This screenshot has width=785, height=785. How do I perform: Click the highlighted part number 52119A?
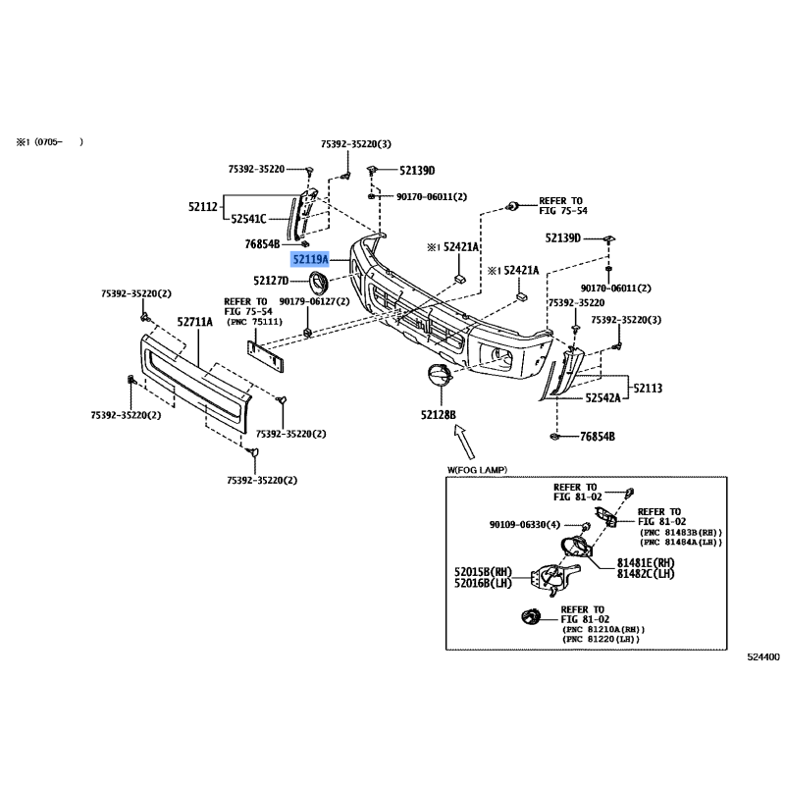[310, 259]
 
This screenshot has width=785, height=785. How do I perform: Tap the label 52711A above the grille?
[194, 322]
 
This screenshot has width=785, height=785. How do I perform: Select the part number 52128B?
[439, 415]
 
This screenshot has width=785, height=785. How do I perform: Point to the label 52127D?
[271, 281]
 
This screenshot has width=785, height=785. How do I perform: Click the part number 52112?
[203, 206]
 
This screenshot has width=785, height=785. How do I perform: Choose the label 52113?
[648, 388]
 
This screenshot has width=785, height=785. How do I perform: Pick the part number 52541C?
[249, 219]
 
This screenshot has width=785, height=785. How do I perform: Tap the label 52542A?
[603, 398]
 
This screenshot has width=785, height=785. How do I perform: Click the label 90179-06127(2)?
[314, 301]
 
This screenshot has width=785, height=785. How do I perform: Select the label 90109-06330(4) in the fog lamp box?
[525, 525]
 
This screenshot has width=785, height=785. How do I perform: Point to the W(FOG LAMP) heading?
[477, 470]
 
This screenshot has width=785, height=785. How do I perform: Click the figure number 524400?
[763, 657]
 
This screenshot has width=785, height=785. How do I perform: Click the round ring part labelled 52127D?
[319, 282]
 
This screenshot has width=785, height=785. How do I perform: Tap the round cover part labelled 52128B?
[440, 376]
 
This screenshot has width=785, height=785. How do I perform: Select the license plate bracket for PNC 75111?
[265, 356]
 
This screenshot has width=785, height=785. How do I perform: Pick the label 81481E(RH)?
[646, 562]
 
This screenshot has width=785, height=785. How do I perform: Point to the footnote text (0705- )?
[59, 141]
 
